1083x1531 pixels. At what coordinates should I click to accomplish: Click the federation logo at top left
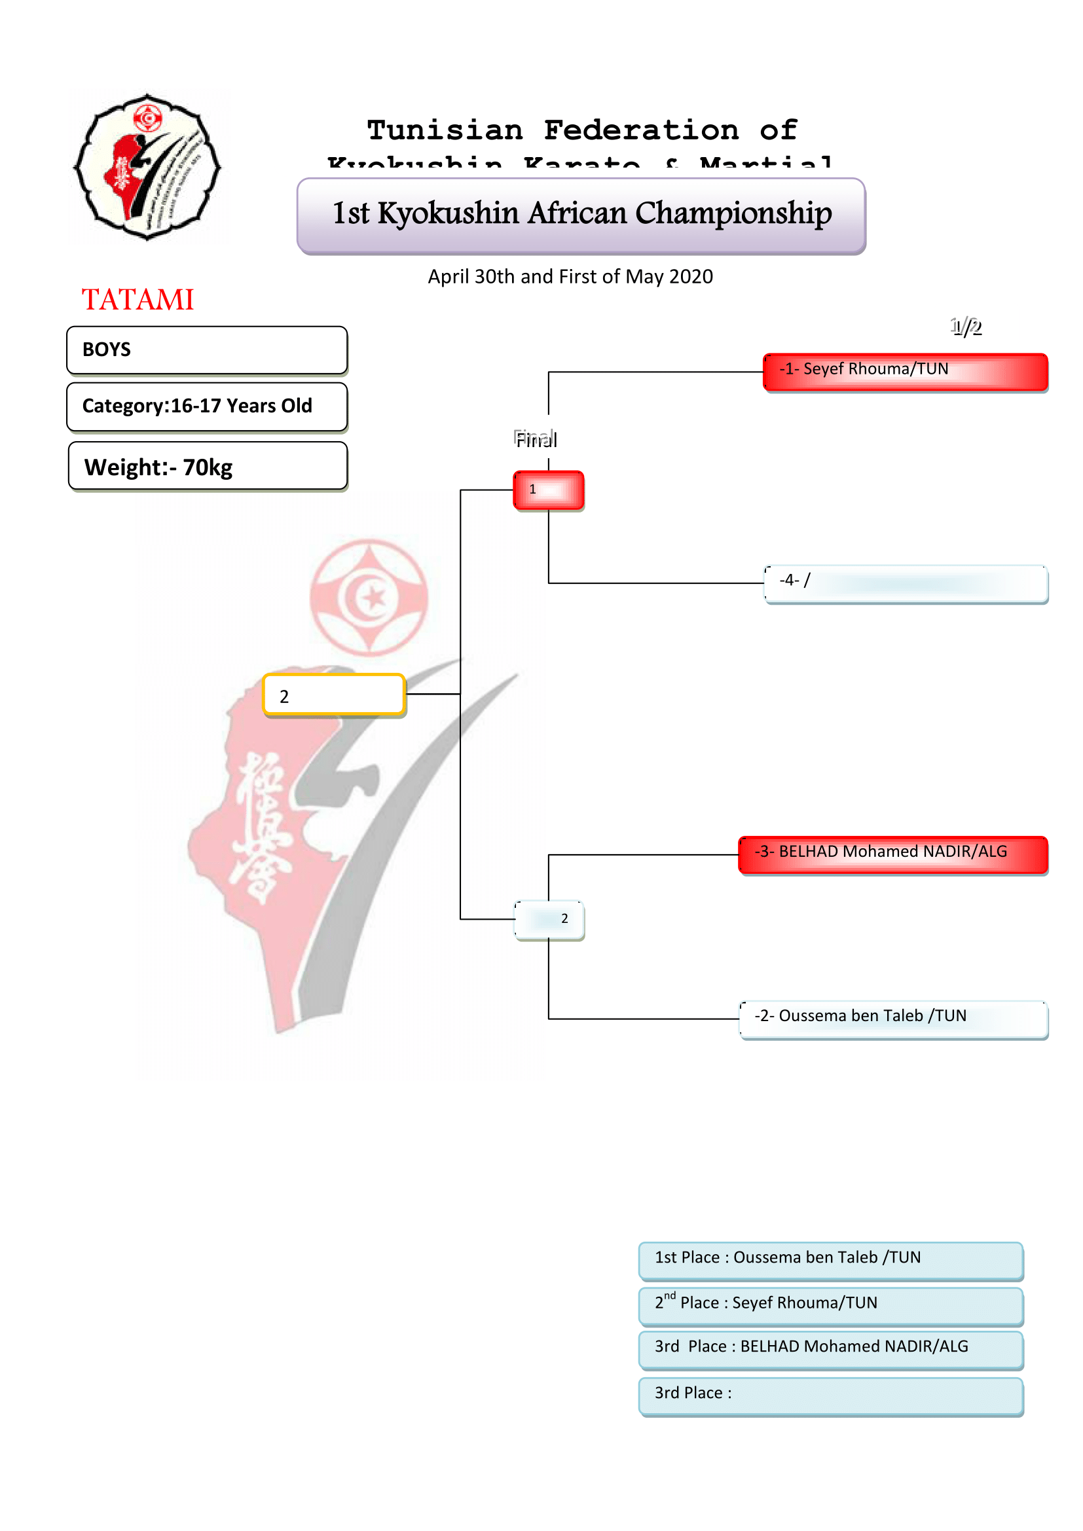click(147, 167)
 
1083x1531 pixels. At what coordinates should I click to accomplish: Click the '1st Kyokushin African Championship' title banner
click(581, 215)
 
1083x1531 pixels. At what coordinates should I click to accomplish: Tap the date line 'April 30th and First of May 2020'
click(570, 276)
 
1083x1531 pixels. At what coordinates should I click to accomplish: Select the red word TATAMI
click(138, 299)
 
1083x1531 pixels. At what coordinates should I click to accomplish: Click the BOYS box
click(207, 350)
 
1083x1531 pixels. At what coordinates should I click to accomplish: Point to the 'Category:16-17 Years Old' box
click(207, 406)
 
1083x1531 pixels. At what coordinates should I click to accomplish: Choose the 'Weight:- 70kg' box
click(208, 466)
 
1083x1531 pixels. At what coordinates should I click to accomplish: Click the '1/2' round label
click(966, 327)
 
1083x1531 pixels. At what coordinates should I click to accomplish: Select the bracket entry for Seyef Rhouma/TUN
click(905, 371)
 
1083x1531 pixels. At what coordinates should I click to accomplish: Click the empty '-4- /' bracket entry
click(905, 583)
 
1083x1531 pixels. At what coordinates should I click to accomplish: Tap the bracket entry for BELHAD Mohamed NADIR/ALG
click(893, 854)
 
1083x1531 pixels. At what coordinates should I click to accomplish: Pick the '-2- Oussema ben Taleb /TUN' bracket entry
click(893, 1018)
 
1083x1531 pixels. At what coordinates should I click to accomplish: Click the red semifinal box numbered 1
click(548, 490)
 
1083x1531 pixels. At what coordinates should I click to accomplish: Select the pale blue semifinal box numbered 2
click(549, 920)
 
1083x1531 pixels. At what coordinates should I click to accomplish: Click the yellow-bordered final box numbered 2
click(333, 695)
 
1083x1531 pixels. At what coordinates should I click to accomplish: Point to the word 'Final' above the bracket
click(536, 439)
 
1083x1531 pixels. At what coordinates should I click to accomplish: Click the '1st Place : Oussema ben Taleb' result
click(830, 1259)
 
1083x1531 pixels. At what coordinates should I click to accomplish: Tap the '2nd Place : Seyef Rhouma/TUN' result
click(830, 1305)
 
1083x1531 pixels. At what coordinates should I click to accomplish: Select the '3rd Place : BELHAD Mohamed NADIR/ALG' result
click(830, 1349)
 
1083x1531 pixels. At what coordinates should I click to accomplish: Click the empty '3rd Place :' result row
click(830, 1396)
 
